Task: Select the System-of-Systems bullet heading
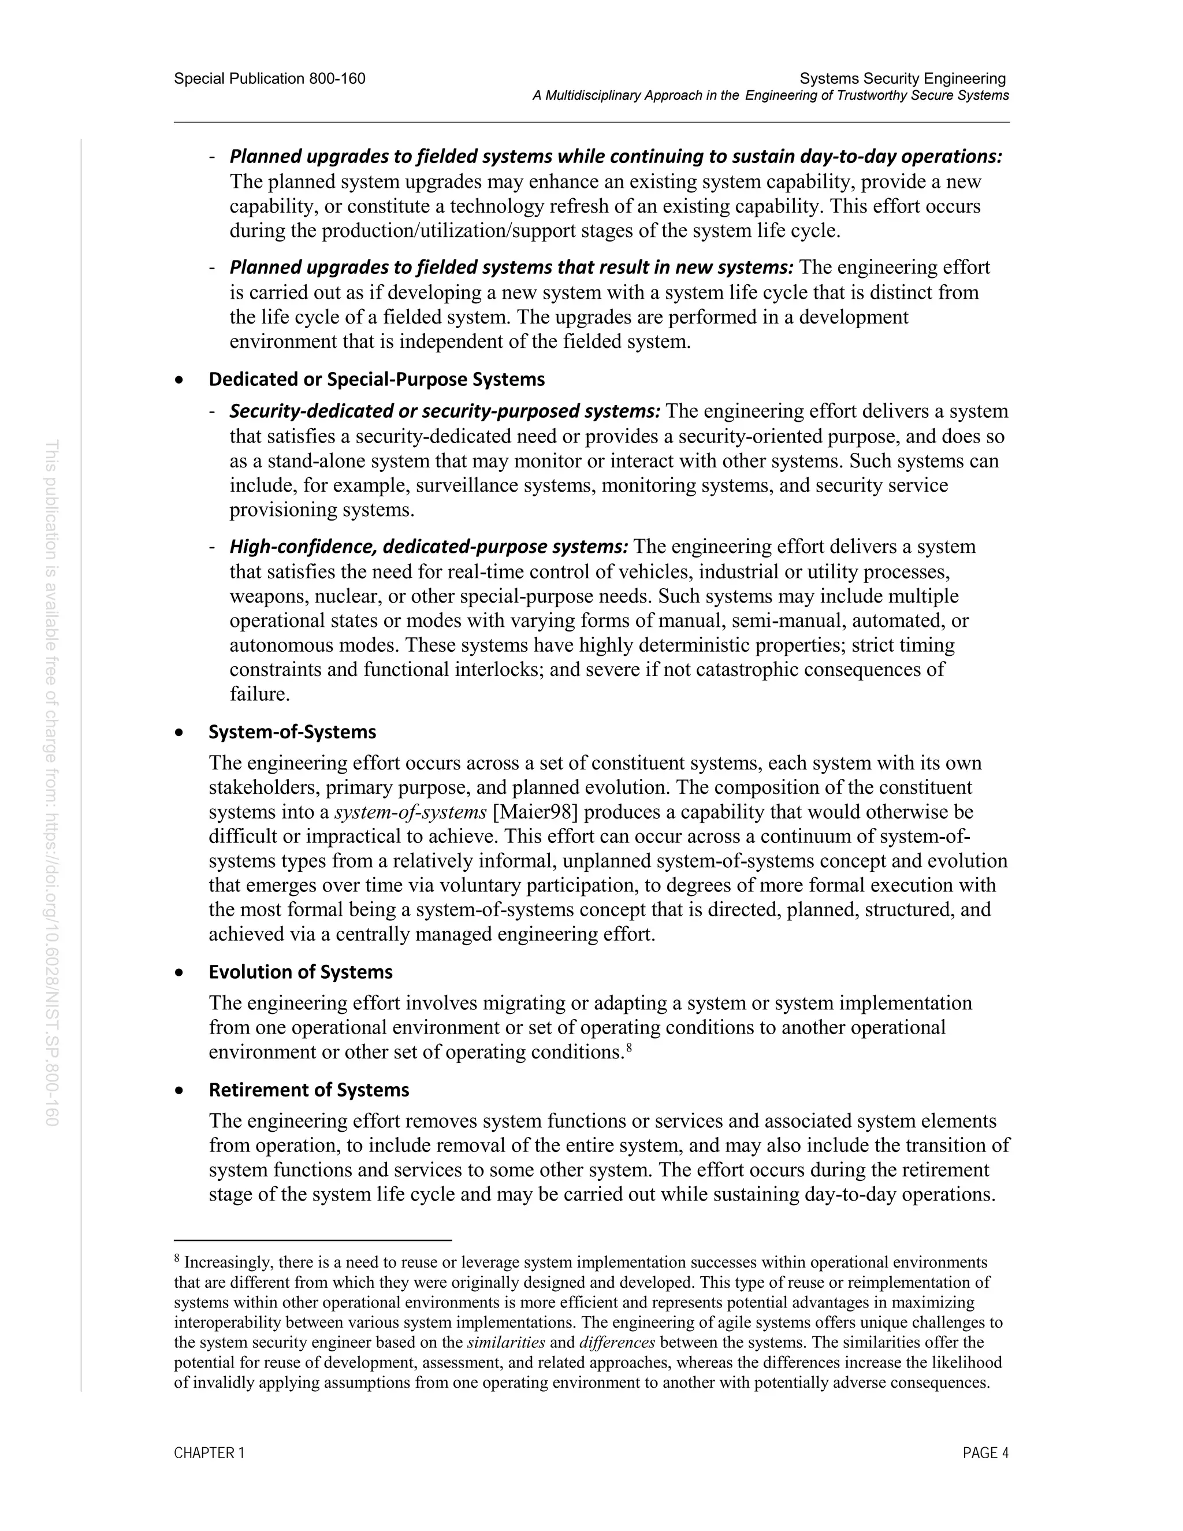(x=292, y=732)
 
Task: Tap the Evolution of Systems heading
(x=300, y=972)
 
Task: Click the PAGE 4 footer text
(x=985, y=1453)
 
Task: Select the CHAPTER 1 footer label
(x=209, y=1453)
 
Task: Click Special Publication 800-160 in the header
(x=269, y=79)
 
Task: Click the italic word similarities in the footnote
(x=506, y=1343)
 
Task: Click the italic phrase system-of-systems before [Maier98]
(x=411, y=812)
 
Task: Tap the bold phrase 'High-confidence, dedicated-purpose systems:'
(x=429, y=546)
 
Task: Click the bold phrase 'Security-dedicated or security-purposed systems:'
(x=445, y=411)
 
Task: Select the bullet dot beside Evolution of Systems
(x=180, y=973)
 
